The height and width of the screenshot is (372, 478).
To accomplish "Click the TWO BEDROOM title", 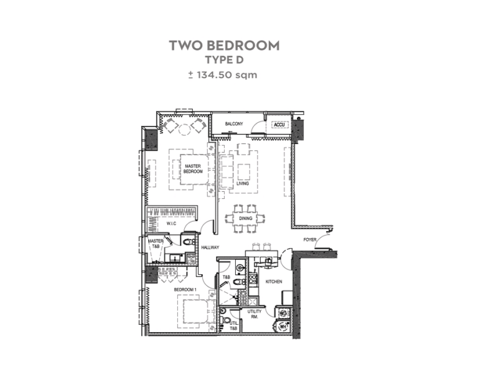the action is [x=224, y=45].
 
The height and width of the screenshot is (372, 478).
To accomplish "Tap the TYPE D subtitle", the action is [x=224, y=60].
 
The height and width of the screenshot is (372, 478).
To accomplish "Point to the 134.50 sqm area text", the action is [x=227, y=75].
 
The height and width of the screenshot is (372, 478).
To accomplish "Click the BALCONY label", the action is [x=234, y=123].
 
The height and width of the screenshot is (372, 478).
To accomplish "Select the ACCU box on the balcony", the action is [x=279, y=125].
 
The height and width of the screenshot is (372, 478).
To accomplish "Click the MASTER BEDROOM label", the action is [x=193, y=169].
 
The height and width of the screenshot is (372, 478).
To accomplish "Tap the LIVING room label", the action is [x=243, y=183].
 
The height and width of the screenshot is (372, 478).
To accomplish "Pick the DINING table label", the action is [x=245, y=218].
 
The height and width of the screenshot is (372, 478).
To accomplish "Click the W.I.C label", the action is [x=171, y=224].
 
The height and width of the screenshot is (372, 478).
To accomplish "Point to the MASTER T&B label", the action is [x=156, y=244].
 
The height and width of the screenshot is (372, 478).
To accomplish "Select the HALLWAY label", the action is [x=210, y=247].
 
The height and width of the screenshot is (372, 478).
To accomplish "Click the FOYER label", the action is [x=310, y=239].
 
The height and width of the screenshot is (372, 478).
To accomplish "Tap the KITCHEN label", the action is [x=274, y=282].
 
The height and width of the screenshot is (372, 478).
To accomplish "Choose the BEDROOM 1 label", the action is [x=185, y=289].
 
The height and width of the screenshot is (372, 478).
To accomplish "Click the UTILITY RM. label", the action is [x=254, y=314].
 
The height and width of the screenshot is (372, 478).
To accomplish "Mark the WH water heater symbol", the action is [x=283, y=327].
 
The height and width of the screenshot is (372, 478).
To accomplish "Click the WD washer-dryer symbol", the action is [x=283, y=313].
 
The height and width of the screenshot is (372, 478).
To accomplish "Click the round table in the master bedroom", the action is [x=184, y=130].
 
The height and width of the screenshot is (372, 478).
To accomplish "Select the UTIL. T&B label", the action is [x=234, y=326].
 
